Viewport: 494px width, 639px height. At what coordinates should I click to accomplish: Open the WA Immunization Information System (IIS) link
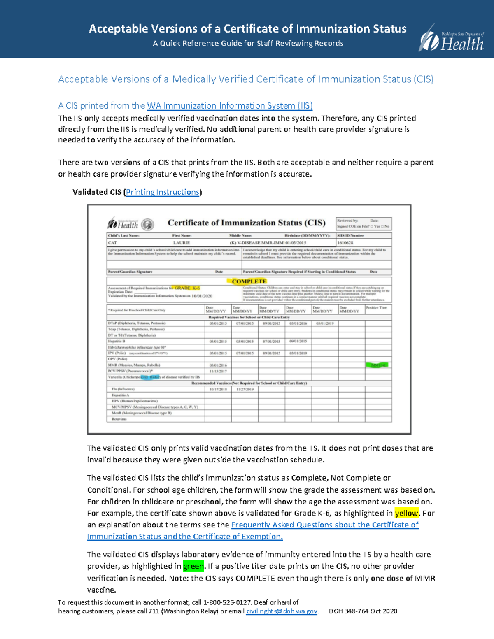tap(230, 106)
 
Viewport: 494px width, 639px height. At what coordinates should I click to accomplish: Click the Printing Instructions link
tap(163, 192)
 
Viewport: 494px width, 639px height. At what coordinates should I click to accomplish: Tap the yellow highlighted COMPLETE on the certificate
tap(249, 281)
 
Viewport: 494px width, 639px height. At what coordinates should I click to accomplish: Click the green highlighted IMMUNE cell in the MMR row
tap(378, 365)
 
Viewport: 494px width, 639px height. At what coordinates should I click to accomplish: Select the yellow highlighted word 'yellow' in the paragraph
tap(406, 513)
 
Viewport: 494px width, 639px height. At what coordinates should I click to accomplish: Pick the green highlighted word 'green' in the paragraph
tap(193, 566)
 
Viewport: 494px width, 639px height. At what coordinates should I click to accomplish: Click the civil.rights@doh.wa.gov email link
tap(282, 611)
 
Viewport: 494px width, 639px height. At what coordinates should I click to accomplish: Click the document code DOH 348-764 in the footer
tap(348, 611)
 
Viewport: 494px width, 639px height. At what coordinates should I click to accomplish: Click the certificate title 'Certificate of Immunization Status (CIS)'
tap(246, 223)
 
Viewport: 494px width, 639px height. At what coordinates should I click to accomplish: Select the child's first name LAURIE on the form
tap(181, 243)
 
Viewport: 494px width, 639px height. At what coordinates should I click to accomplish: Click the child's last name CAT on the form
tap(112, 243)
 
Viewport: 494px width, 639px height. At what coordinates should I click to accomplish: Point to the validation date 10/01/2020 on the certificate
tap(202, 296)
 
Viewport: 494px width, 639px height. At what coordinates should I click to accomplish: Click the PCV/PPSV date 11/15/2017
tap(218, 371)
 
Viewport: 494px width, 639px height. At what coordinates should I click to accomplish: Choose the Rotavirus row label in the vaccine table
tap(119, 419)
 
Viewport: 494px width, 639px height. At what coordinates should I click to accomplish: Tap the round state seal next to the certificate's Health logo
tap(147, 225)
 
